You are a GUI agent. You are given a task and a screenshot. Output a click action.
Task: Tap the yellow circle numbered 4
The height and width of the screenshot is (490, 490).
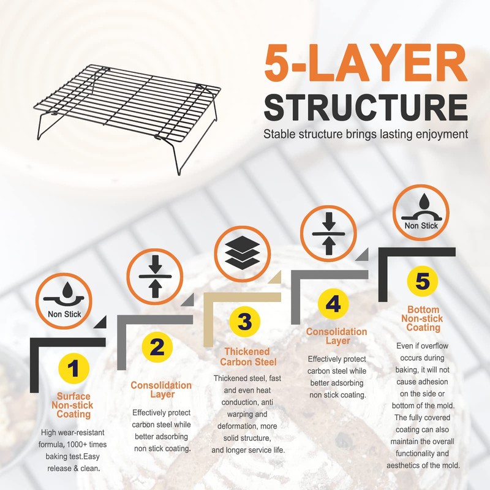coord(333,304)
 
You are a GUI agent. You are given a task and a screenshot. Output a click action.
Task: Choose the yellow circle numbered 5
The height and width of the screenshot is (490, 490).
coord(423,282)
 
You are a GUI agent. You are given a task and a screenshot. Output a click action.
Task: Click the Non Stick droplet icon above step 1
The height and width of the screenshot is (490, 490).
coord(64,301)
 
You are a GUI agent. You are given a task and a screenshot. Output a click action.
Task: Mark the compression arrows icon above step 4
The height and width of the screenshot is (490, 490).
coord(329,234)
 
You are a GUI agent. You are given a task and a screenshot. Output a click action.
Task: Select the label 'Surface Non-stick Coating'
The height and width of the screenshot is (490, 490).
coord(74,405)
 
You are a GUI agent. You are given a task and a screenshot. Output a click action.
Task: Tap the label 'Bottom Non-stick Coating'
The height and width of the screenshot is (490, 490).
coord(423,318)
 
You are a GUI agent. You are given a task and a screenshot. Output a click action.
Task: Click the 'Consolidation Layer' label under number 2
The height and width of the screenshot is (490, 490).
coord(161,390)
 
